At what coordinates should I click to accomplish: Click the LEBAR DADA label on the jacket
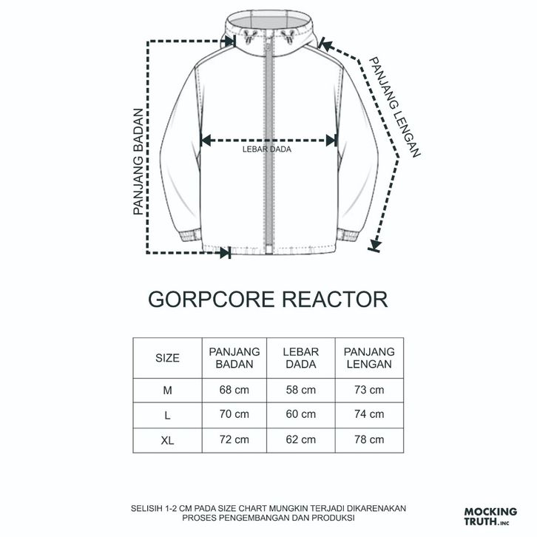pyautogui.click(x=266, y=149)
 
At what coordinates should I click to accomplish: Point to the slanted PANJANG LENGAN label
pyautogui.click(x=395, y=108)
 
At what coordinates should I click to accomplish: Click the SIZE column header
pyautogui.click(x=167, y=358)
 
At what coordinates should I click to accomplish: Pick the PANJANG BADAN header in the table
pyautogui.click(x=234, y=358)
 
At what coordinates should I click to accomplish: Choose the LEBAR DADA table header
pyautogui.click(x=301, y=358)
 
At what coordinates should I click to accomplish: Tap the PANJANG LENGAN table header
pyautogui.click(x=368, y=358)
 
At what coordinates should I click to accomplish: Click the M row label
pyautogui.click(x=167, y=390)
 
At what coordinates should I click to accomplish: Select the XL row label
pyautogui.click(x=167, y=440)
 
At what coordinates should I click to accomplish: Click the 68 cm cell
pyautogui.click(x=234, y=390)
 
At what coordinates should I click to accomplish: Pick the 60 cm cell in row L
pyautogui.click(x=301, y=415)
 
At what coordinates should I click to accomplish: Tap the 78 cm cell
pyautogui.click(x=368, y=440)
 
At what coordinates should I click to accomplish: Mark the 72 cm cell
pyautogui.click(x=234, y=440)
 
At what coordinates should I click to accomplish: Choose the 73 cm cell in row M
pyautogui.click(x=368, y=390)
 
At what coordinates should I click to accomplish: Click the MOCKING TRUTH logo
pyautogui.click(x=487, y=516)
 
